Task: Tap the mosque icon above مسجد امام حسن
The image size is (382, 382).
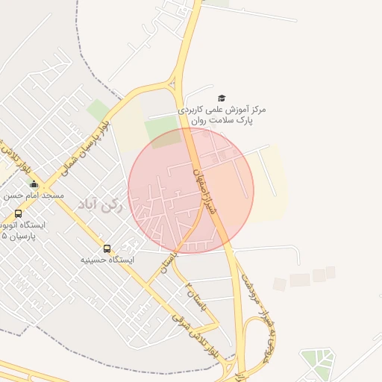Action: click(33, 184)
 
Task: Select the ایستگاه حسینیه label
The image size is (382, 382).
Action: click(107, 260)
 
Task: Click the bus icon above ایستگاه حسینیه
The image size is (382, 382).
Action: click(107, 248)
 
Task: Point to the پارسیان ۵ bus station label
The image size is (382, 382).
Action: click(22, 230)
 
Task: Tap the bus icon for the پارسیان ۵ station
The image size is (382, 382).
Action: click(18, 213)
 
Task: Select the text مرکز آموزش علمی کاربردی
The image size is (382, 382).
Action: click(222, 110)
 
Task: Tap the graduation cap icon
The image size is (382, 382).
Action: click(222, 98)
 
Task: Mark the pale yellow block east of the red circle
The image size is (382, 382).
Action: click(270, 183)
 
